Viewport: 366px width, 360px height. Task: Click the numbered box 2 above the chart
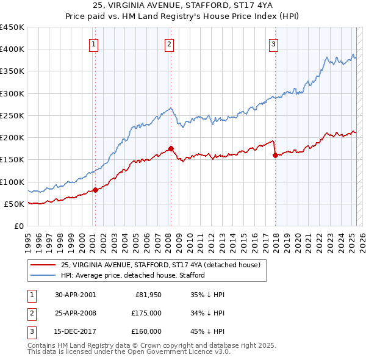[169, 44]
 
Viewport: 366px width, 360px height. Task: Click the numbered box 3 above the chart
[274, 44]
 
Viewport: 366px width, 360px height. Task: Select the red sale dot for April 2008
[171, 148]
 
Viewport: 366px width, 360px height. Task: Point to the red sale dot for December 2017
[275, 155]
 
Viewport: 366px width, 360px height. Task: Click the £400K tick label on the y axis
[12, 49]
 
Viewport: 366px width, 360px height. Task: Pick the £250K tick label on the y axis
[12, 115]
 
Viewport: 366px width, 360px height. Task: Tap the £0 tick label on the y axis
[19, 226]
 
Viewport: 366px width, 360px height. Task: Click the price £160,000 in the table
[146, 331]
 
